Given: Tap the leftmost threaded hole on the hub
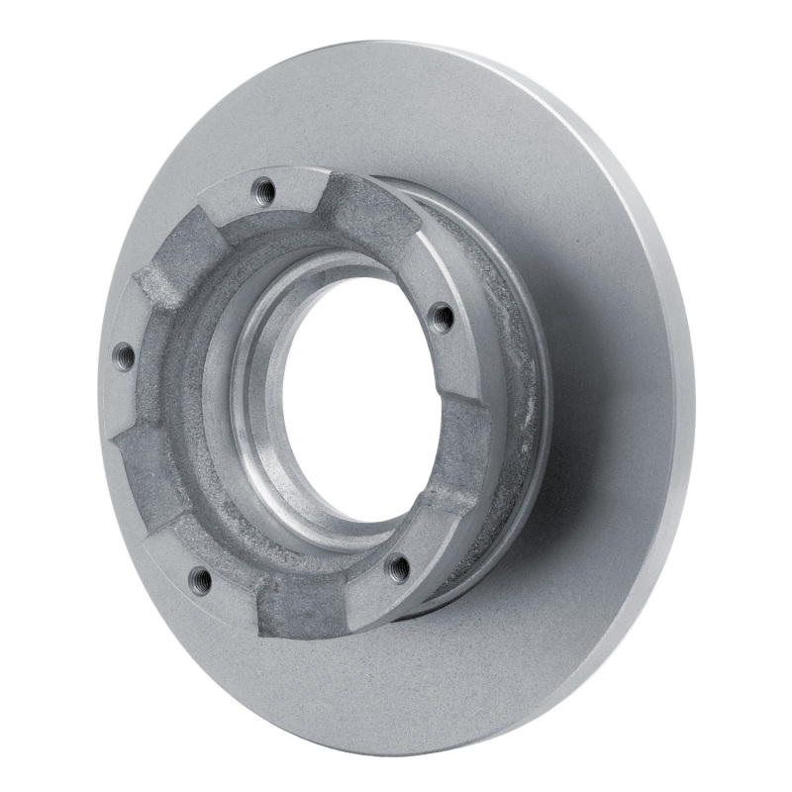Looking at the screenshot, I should [x=124, y=355].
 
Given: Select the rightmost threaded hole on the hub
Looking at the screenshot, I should [x=442, y=317].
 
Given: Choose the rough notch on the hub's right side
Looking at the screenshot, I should [x=465, y=445].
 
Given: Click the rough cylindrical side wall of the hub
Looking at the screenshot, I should [x=515, y=376].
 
